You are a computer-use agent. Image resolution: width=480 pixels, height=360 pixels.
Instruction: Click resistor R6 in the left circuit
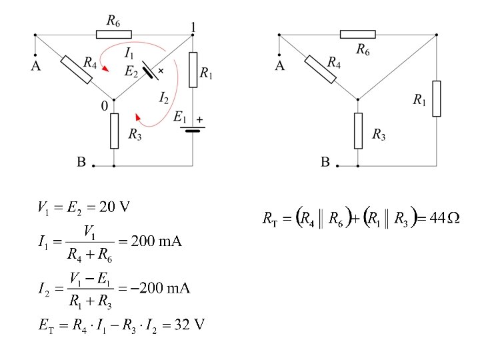point(114,34)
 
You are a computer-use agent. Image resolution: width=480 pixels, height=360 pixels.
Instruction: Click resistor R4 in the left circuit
point(76,69)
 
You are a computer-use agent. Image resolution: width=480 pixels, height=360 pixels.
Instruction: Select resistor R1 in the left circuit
point(193,69)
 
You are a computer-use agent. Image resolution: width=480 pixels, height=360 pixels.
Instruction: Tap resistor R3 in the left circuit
point(114,131)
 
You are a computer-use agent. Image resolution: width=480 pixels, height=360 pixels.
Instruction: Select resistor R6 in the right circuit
point(357,34)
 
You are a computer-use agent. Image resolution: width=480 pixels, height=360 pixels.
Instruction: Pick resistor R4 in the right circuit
point(321,69)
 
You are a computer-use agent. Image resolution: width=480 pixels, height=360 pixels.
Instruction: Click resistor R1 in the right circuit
point(437,98)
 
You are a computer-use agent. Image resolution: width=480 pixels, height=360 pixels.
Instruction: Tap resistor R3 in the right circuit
point(358,131)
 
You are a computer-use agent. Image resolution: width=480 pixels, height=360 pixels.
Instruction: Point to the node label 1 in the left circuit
point(193,27)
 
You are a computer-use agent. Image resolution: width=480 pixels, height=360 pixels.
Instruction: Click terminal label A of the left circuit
point(35,65)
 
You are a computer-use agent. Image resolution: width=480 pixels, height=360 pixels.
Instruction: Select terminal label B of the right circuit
point(326,162)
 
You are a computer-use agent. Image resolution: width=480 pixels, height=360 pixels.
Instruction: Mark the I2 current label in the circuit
point(163,98)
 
